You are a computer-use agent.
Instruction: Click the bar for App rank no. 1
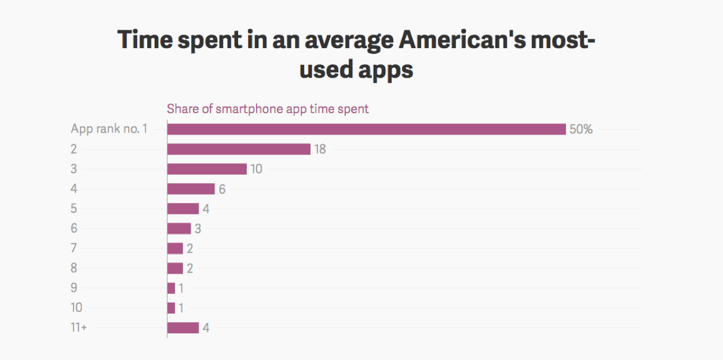point(366,129)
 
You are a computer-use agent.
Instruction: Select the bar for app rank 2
point(239,149)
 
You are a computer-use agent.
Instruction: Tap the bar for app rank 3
point(207,169)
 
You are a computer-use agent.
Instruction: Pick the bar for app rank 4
point(191,189)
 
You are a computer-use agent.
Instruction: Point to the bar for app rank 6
point(179,228)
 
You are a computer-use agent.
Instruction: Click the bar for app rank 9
point(171,288)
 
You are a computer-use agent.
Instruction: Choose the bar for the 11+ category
point(183,328)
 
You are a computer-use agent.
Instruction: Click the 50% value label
point(581,129)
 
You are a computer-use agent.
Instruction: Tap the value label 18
point(320,150)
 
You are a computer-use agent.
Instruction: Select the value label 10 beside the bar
point(257,169)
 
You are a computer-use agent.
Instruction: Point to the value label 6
point(222,190)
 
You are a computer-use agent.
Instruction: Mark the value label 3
point(198,229)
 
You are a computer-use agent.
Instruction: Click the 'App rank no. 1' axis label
point(109,129)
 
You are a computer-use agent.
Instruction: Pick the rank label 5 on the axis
point(74,209)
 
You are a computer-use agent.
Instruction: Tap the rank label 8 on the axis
point(74,268)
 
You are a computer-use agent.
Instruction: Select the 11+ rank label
point(79,328)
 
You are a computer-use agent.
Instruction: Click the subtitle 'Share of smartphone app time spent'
point(268,109)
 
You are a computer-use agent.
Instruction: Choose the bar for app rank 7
point(175,248)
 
